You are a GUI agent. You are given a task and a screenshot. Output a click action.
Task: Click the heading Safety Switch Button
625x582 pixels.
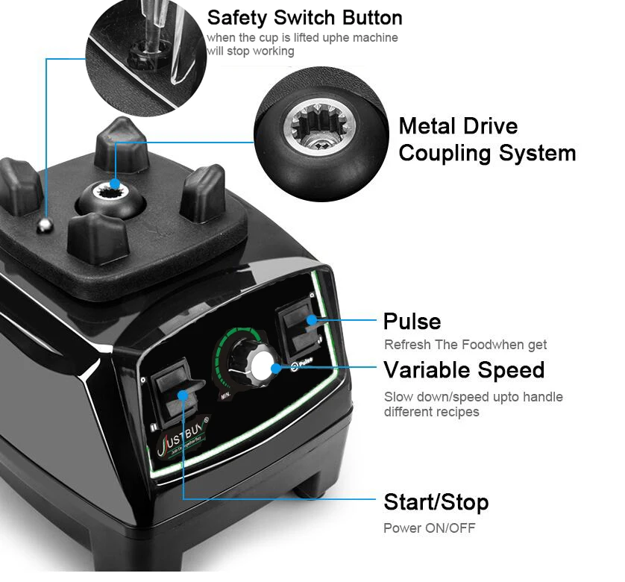pyautogui.click(x=304, y=17)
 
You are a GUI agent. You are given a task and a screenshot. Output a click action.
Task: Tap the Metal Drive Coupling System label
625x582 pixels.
pyautogui.click(x=486, y=140)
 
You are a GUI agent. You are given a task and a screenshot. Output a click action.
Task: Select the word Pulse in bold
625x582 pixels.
pyautogui.click(x=412, y=322)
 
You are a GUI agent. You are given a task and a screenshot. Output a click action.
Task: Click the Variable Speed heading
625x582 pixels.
pyautogui.click(x=464, y=370)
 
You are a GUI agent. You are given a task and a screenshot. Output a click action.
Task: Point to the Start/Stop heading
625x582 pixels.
pyautogui.click(x=436, y=502)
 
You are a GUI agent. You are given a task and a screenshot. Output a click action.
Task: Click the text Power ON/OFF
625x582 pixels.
pyautogui.click(x=429, y=528)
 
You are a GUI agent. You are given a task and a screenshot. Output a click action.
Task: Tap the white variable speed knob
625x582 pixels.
pyautogui.click(x=262, y=366)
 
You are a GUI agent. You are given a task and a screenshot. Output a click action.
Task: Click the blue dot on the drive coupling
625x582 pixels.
pyautogui.click(x=115, y=184)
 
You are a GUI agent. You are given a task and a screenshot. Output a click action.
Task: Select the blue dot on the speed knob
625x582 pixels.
pyautogui.click(x=275, y=367)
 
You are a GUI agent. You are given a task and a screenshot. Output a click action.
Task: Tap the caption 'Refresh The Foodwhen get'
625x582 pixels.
pyautogui.click(x=465, y=345)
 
